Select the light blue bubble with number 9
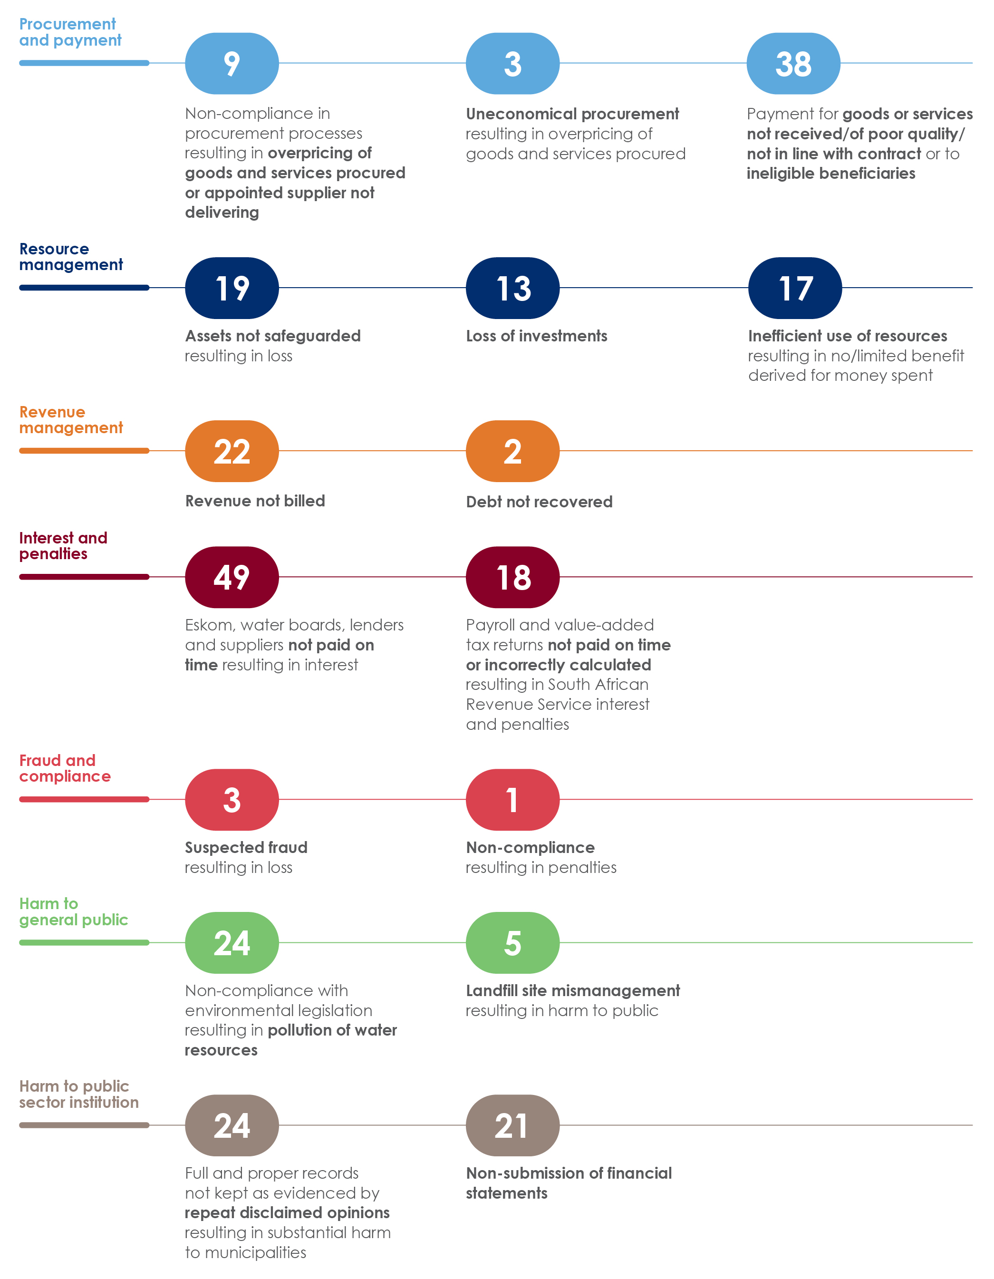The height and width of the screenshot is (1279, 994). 232,63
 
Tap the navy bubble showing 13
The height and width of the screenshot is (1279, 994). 512,288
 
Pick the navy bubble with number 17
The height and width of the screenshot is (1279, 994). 794,288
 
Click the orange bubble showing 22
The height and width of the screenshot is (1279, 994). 232,451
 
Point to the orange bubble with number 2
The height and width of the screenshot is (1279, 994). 512,451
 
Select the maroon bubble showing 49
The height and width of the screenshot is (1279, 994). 232,577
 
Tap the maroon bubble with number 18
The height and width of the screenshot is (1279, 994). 512,577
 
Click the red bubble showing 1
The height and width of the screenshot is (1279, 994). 512,799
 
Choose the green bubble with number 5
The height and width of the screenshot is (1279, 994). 512,942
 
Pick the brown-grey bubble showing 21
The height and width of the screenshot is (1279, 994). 512,1125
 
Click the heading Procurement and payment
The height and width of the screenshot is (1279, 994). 70,32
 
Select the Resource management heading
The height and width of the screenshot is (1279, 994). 71,256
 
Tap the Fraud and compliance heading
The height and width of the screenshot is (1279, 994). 64,768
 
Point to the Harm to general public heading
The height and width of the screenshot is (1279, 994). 73,911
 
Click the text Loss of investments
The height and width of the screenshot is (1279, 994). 536,336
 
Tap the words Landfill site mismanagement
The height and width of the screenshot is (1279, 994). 572,990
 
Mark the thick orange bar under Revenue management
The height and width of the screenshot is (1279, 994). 84,450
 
